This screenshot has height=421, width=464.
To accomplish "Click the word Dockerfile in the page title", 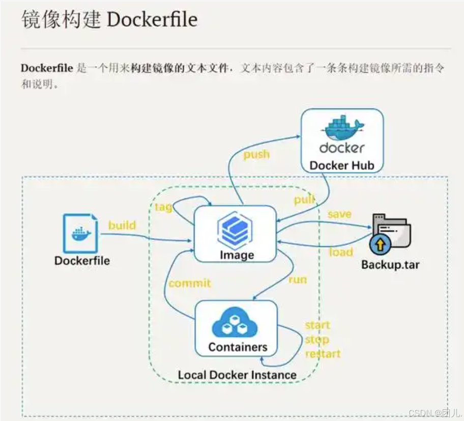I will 152,20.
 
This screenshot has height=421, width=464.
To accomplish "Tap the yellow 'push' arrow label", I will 256,154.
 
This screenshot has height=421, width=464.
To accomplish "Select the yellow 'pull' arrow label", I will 304,200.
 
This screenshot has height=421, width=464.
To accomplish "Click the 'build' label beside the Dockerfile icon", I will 122,225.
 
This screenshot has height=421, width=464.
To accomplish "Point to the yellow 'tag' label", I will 163,207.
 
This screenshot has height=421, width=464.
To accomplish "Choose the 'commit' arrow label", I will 189,284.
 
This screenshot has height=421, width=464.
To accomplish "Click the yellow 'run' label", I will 298,279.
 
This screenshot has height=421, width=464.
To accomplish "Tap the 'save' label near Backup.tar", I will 339,214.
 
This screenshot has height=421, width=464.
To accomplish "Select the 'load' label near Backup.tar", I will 340,252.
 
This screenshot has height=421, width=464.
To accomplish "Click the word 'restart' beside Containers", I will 323,353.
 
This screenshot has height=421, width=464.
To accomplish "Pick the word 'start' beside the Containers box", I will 317,325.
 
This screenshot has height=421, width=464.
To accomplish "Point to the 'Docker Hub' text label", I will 341,165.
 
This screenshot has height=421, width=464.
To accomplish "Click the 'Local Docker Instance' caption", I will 237,375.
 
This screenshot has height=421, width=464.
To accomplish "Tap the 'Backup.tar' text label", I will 390,265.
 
